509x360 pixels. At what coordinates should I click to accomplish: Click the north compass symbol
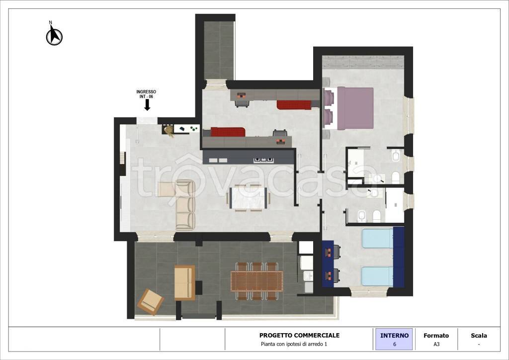[x=54, y=34]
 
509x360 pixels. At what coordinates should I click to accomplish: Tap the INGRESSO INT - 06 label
[x=146, y=94]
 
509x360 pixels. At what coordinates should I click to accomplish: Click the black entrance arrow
[x=147, y=105]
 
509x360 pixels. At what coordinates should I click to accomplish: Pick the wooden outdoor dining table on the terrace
[x=257, y=281]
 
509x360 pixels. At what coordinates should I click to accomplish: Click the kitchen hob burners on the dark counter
[x=263, y=160]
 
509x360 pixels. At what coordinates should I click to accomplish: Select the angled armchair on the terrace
[x=151, y=302]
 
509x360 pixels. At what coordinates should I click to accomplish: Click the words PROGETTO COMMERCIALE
[x=299, y=335]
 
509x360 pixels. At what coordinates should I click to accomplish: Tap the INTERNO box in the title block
[x=394, y=339]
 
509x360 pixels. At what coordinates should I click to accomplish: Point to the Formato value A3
[x=436, y=344]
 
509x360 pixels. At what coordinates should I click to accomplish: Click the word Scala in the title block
[x=479, y=336]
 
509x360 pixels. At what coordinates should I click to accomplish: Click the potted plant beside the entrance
[x=169, y=130]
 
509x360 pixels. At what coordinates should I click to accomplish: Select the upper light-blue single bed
[x=378, y=238]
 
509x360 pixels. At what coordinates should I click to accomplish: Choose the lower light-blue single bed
[x=378, y=276]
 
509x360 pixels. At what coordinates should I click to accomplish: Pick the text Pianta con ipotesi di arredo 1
[x=294, y=344]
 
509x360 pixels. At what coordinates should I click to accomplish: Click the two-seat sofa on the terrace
[x=185, y=282]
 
